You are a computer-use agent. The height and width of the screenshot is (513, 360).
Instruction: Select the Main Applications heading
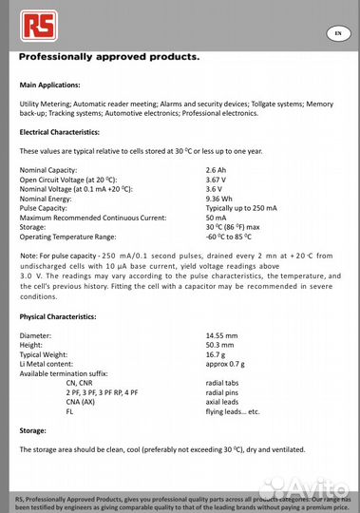56,85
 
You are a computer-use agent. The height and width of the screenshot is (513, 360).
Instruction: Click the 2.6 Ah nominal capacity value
218,169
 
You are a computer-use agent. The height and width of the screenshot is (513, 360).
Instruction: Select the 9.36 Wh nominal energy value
219,198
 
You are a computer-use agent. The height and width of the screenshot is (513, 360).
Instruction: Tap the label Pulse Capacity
46,207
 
